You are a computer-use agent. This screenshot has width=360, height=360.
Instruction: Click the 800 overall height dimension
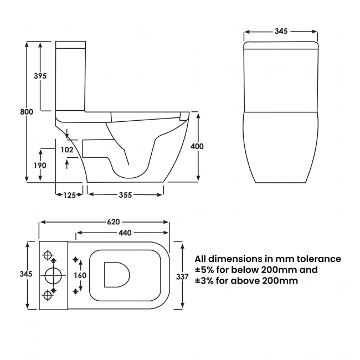[x=27, y=111]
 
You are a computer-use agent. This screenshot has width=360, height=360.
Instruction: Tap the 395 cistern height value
[x=39, y=76]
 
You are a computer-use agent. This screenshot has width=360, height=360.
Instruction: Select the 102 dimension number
[x=67, y=149]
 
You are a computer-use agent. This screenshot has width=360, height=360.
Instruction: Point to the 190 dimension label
[x=39, y=165]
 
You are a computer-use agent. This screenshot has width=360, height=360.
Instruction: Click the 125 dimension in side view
[x=69, y=194]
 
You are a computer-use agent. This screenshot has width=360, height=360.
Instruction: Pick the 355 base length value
[x=125, y=194]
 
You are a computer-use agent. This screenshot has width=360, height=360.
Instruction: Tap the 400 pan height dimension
[x=197, y=146]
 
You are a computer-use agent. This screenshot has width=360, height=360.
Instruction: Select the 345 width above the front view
[x=281, y=32]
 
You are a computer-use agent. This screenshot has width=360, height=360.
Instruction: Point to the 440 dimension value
[x=125, y=233]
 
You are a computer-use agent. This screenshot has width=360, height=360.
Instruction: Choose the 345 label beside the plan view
[x=26, y=274]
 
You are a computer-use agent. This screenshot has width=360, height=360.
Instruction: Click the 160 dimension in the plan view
[x=80, y=275]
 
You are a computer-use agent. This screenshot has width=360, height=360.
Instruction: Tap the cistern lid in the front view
[x=281, y=45]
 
